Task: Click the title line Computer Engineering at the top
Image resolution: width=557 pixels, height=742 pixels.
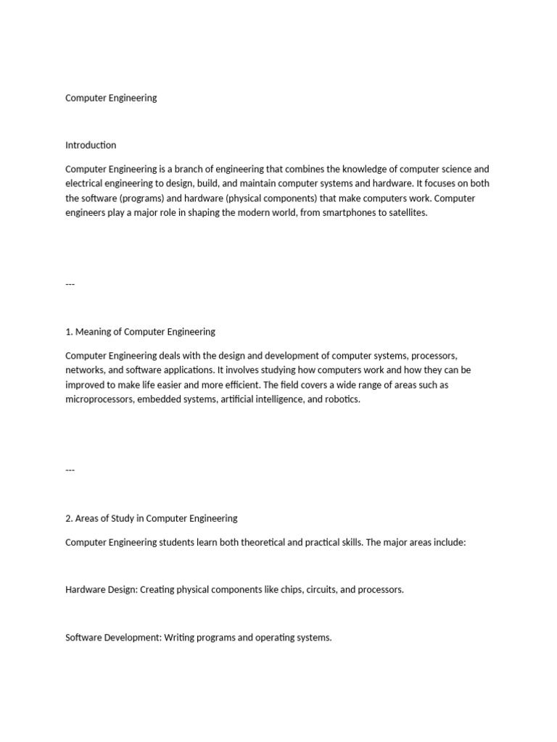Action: point(111,98)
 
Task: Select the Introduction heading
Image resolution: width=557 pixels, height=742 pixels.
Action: point(91,145)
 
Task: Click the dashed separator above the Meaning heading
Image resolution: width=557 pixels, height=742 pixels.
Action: point(70,283)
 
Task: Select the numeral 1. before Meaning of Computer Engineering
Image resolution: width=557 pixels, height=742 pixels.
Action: point(69,332)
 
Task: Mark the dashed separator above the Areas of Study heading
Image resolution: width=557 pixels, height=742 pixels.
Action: point(70,470)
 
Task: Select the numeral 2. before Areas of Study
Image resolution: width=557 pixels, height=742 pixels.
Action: point(69,518)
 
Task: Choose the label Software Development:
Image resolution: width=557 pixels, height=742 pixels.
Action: point(114,638)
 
